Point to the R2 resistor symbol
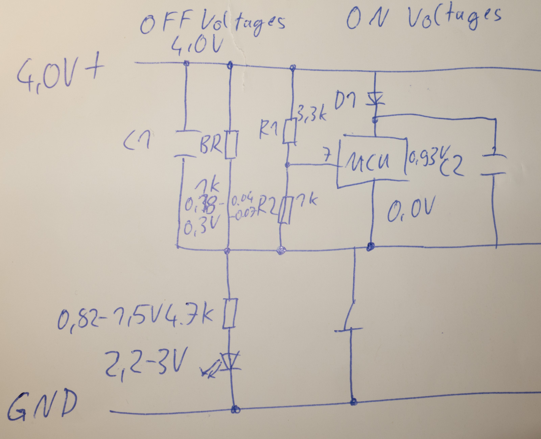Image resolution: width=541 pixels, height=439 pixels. coord(284,210)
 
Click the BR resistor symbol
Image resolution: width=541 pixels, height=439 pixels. coord(231,145)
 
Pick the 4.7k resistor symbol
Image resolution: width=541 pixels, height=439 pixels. coord(229,313)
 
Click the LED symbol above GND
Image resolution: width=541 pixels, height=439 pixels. coord(231,362)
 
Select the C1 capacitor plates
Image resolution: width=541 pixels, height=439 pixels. coord(185,144)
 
